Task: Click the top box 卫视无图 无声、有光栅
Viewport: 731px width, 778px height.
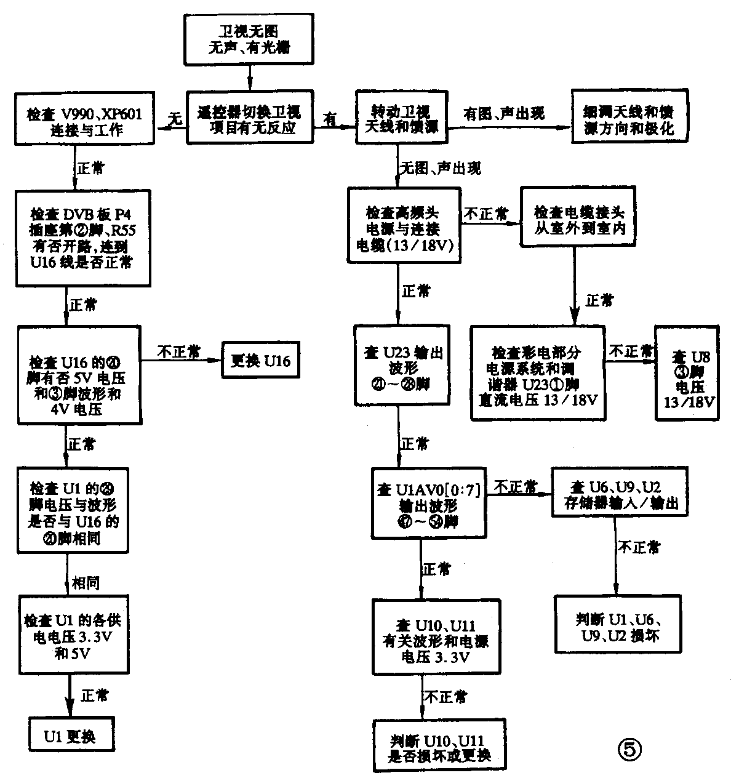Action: tap(249, 39)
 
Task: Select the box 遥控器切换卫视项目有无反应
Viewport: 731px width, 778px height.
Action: tap(249, 118)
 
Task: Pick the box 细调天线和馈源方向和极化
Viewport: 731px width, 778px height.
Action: tap(629, 118)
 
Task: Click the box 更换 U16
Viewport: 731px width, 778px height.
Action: tap(260, 359)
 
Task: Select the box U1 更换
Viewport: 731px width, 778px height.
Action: tap(70, 736)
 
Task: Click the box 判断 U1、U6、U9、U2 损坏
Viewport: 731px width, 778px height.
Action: tap(618, 623)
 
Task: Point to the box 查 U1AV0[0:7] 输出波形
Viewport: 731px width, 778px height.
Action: tap(429, 500)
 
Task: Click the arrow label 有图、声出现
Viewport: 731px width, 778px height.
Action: tap(503, 114)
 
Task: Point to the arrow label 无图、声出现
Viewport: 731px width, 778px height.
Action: tap(441, 168)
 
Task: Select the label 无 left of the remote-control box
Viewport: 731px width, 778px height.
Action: tap(175, 119)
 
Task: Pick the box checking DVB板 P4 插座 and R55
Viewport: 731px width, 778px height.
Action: tap(83, 238)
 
